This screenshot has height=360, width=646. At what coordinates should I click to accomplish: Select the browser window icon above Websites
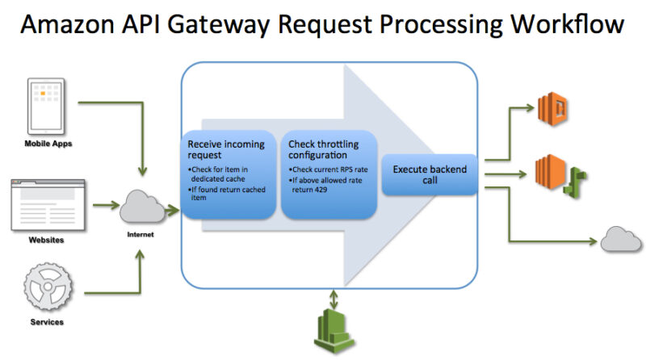click(x=45, y=205)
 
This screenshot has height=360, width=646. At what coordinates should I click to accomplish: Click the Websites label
click(x=45, y=240)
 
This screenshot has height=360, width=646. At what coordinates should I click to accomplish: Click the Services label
click(x=45, y=322)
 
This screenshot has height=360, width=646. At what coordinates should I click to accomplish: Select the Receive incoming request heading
click(x=220, y=149)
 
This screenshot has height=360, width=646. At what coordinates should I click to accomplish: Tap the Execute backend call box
click(x=430, y=175)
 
